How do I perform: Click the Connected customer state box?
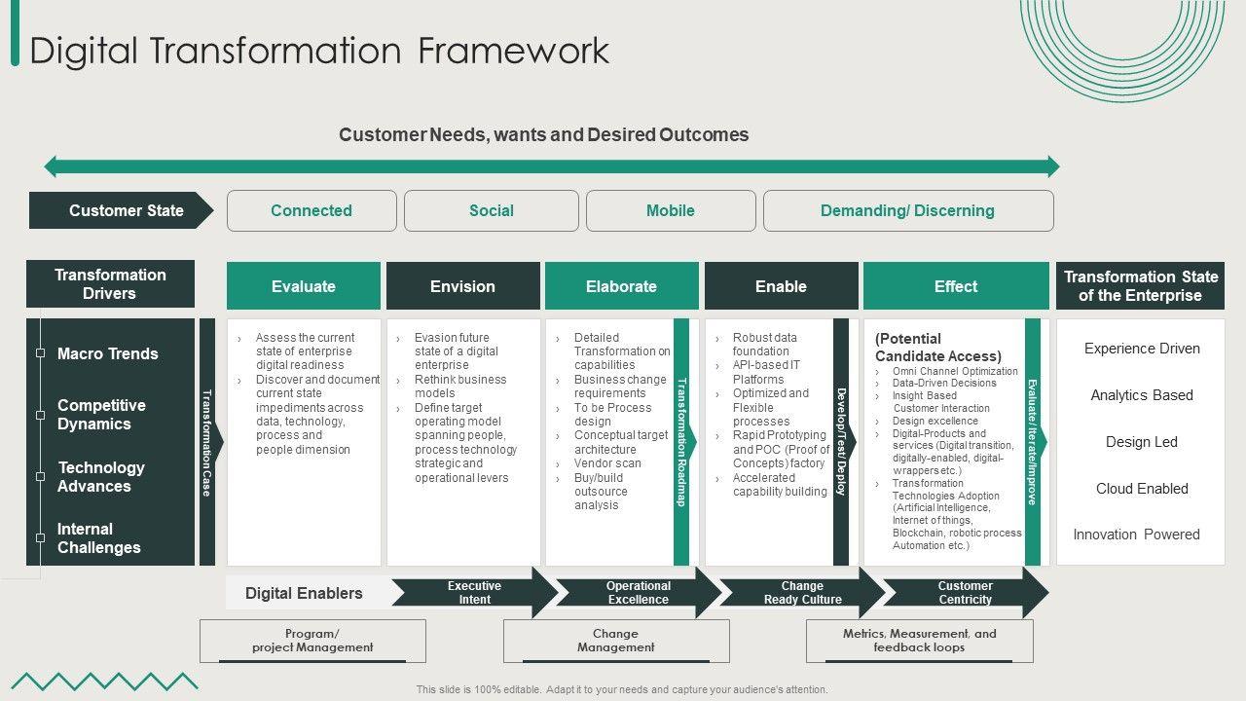[x=311, y=210]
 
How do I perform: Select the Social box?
[x=492, y=210]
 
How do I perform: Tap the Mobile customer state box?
[x=671, y=210]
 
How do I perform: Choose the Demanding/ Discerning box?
[x=907, y=210]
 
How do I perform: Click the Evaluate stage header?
[x=304, y=286]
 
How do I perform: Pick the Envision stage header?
[x=462, y=286]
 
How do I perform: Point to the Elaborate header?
[x=621, y=286]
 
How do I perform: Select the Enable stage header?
[x=781, y=286]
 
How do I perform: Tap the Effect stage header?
[x=956, y=286]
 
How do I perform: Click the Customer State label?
[x=122, y=210]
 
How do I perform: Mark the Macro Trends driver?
[x=107, y=353]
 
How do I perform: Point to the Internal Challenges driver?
[x=98, y=538]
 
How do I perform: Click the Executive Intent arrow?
[x=474, y=593]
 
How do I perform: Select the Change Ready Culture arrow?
[x=802, y=593]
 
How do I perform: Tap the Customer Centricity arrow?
[x=965, y=593]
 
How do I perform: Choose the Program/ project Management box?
[x=312, y=641]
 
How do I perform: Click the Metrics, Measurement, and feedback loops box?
[x=919, y=641]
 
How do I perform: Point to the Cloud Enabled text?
[x=1142, y=489]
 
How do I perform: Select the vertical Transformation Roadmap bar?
[x=681, y=442]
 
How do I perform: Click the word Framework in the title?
[x=514, y=51]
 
